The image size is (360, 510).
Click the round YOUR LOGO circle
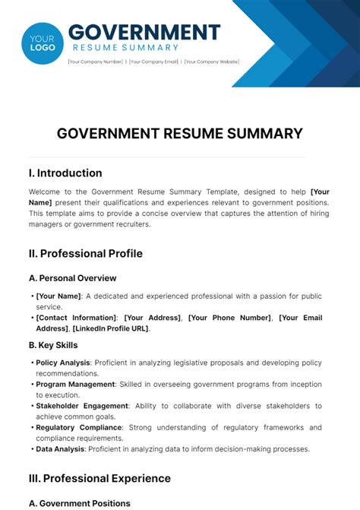pos(43,43)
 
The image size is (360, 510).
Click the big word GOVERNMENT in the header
pos(144,33)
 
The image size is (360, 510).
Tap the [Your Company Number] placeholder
pos(96,62)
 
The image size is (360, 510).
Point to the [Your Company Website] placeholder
pos(212,62)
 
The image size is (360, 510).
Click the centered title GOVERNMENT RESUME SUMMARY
pos(180,134)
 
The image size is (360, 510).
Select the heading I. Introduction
pos(65,173)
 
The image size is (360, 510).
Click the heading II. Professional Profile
pos(85,253)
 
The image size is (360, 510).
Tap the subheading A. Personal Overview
pos(73,278)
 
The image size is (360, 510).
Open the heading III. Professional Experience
pos(99,478)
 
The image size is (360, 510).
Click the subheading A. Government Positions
pos(79,503)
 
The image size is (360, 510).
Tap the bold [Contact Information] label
pos(77,318)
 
